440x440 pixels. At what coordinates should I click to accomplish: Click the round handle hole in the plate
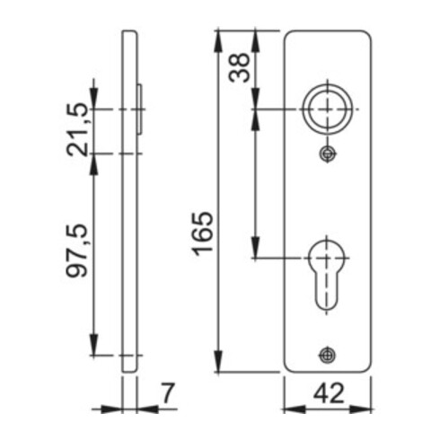[328, 109]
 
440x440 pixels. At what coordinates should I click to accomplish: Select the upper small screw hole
[328, 154]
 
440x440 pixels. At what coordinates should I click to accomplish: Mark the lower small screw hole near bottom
[328, 355]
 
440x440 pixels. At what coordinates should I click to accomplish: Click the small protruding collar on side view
[141, 110]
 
